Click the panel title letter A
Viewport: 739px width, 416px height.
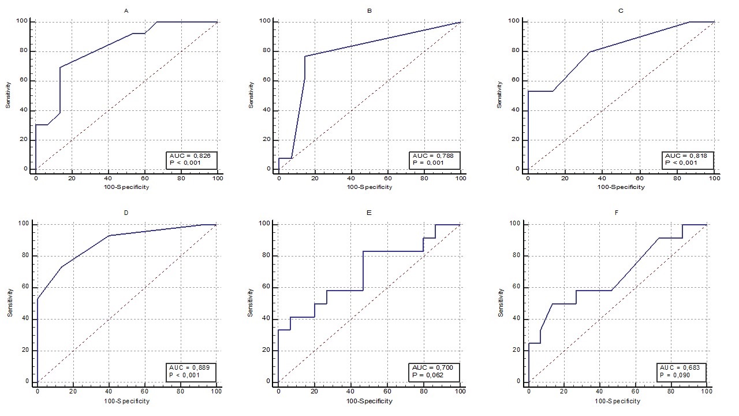126,11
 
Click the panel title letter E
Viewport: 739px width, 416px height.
369,213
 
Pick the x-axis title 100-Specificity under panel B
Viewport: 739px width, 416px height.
369,187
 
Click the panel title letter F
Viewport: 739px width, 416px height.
617,213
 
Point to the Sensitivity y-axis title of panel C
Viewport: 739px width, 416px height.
500,95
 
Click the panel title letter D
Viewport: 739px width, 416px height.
126,213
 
